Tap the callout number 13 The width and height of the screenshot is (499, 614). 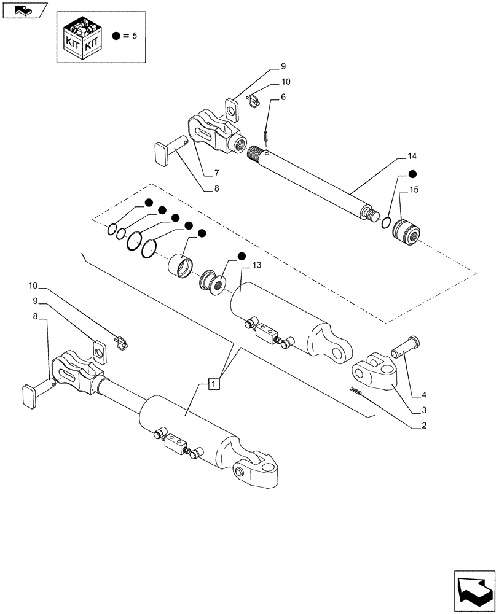tap(256, 265)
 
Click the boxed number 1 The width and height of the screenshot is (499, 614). tap(213, 384)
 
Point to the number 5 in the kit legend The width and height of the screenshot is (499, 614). tap(134, 36)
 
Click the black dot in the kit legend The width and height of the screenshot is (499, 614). tap(117, 36)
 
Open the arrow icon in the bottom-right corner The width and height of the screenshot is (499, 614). tap(473, 589)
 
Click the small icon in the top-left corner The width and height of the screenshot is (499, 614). tap(25, 10)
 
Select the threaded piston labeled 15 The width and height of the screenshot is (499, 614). tap(406, 232)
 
